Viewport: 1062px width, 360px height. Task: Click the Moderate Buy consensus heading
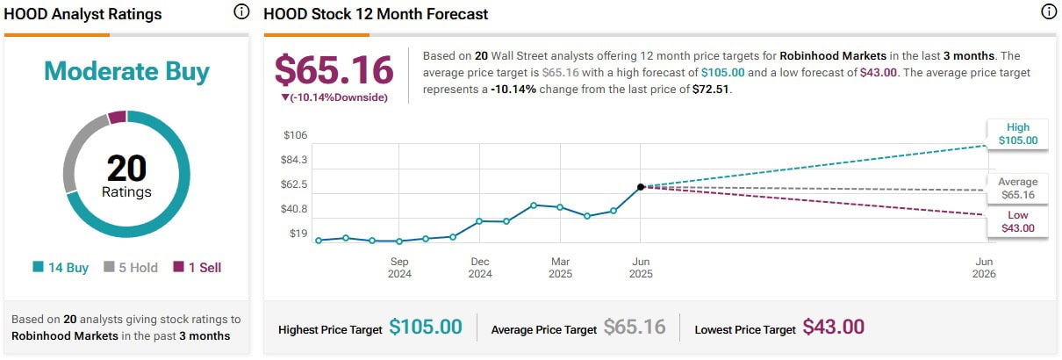(x=126, y=71)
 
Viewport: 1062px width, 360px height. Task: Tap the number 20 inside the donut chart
(x=126, y=168)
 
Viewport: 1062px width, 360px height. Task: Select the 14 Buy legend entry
(x=61, y=267)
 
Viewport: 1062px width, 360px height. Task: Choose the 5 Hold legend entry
(x=131, y=267)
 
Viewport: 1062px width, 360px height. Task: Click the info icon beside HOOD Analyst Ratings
(x=241, y=12)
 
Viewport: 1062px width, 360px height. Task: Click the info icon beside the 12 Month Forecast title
(x=1048, y=12)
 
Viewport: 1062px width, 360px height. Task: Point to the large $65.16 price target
(x=334, y=70)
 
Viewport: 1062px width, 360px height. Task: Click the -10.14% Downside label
(x=334, y=97)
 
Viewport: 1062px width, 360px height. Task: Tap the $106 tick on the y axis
(x=295, y=135)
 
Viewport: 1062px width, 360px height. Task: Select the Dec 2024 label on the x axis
(x=480, y=267)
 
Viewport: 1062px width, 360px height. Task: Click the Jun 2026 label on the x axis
(x=985, y=267)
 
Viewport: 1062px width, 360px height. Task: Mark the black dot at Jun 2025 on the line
(x=641, y=187)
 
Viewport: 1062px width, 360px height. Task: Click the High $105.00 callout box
(x=1018, y=133)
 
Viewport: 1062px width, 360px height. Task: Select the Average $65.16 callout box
(x=1017, y=188)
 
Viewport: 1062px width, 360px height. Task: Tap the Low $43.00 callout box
(x=1018, y=221)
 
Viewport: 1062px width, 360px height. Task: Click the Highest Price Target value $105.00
(x=426, y=328)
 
